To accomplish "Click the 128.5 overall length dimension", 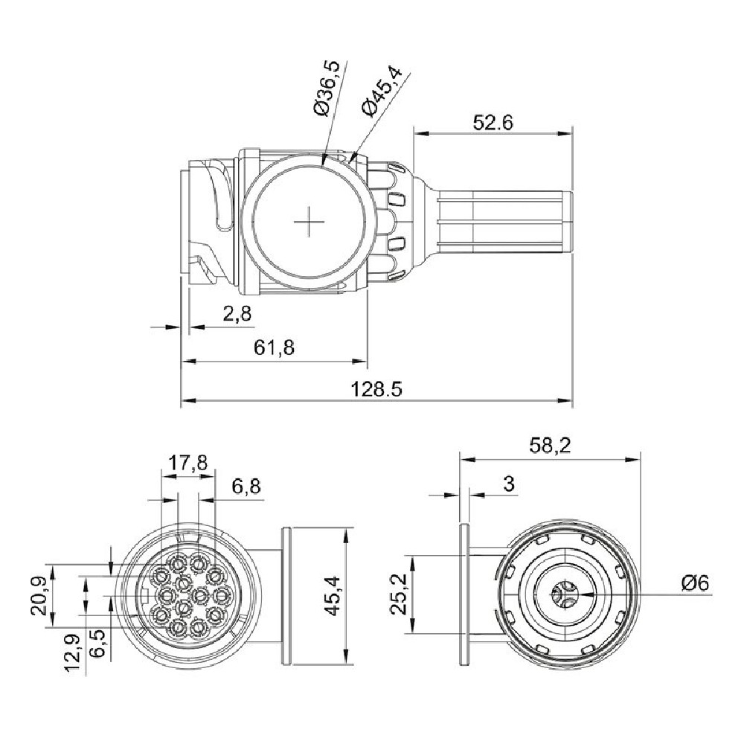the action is tap(376, 389).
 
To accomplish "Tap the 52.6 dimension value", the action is tap(493, 123).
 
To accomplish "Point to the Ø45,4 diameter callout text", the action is tap(382, 91).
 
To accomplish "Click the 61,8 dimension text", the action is tap(275, 347).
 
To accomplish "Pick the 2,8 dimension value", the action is tap(237, 314).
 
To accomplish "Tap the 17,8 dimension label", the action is tap(188, 462).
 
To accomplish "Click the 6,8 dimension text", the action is tap(246, 487).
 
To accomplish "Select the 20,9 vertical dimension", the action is tap(39, 596).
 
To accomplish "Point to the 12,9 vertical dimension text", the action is tap(74, 653).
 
